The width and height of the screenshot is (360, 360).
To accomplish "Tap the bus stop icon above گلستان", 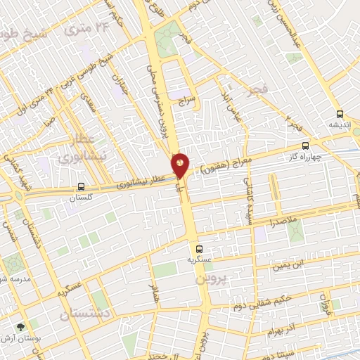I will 82,188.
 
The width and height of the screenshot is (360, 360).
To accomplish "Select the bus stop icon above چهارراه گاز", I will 304,145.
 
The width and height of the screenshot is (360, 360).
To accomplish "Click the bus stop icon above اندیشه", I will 340,114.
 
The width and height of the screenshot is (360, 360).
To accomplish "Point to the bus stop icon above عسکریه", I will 199,249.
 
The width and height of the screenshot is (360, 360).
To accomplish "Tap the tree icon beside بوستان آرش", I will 20,327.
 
